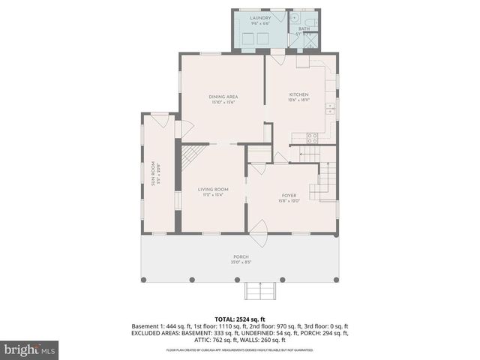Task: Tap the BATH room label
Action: click(x=304, y=28)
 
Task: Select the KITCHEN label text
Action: click(x=299, y=94)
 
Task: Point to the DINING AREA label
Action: click(x=222, y=97)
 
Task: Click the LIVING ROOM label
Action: click(x=213, y=189)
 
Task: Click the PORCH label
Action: click(x=241, y=256)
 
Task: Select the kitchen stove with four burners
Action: click(x=313, y=138)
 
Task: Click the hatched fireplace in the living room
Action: click(x=193, y=157)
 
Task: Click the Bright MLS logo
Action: click(x=30, y=349)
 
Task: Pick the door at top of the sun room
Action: click(x=159, y=118)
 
